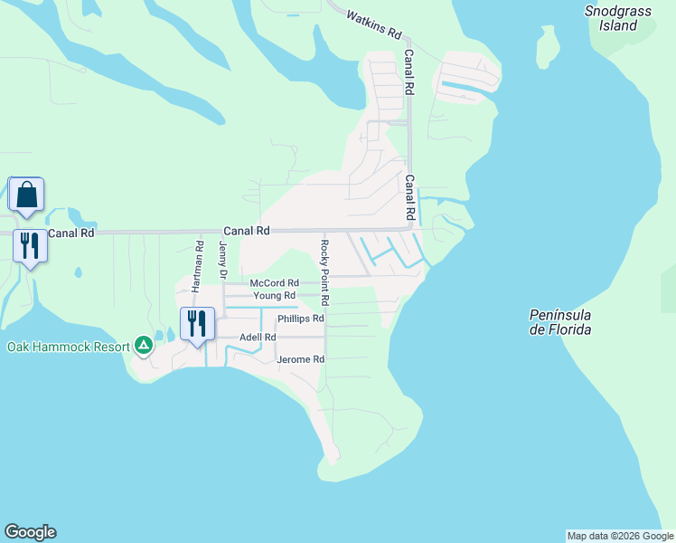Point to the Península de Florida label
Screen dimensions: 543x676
coord(560,322)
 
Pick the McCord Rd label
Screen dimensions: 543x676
coord(274,283)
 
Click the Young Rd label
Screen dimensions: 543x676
coord(274,296)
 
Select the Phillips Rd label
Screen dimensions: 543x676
coord(300,319)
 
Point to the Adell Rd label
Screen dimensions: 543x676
coord(258,338)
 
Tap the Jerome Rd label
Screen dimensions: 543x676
coord(300,359)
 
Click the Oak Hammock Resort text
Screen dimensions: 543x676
coord(67,347)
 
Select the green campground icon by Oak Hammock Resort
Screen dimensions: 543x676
coord(143,345)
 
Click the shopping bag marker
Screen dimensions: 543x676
coord(26,195)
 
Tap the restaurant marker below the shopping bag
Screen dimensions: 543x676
coord(30,246)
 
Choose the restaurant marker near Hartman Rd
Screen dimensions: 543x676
coord(198,324)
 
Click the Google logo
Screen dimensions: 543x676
coord(30,532)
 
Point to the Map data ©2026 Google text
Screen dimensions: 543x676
coord(619,536)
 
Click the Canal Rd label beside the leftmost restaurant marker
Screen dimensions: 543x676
coord(71,233)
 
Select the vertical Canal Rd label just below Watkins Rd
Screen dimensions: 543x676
coord(409,73)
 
